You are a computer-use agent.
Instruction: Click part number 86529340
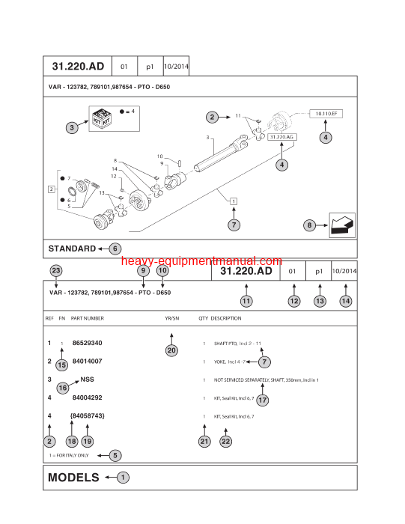[87, 343]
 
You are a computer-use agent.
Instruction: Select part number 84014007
[87, 362]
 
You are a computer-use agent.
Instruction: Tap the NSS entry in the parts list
[88, 380]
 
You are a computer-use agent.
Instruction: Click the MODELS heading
[73, 477]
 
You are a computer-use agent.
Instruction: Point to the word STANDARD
[72, 249]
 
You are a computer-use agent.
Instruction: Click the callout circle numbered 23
[55, 271]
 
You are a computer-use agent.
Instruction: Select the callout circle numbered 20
[171, 350]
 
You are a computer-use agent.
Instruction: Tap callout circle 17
[262, 400]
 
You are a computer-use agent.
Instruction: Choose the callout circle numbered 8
[309, 225]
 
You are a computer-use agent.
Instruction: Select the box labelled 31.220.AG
[281, 138]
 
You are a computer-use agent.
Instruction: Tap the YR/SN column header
[172, 318]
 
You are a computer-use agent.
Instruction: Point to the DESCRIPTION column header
[226, 318]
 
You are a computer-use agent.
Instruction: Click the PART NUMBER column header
[88, 318]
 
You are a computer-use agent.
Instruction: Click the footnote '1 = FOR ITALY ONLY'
[70, 454]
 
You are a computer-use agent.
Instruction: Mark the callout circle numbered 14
[345, 301]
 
